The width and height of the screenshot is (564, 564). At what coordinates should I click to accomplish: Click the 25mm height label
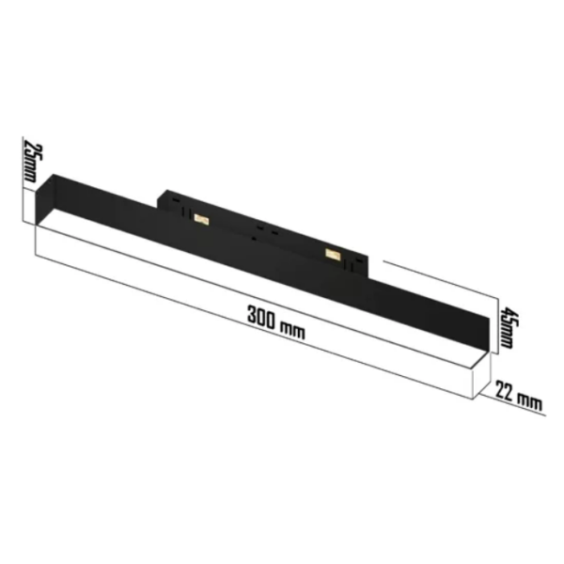coord(30,162)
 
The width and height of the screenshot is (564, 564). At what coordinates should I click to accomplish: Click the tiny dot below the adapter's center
coord(256,240)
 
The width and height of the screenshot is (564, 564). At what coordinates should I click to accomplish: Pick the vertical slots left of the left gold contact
coord(183,211)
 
